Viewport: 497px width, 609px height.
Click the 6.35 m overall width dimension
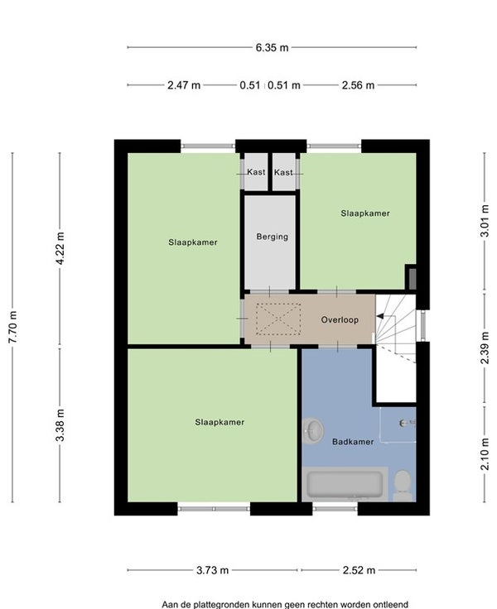[x=272, y=48]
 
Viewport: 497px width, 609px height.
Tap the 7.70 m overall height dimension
[x=12, y=327]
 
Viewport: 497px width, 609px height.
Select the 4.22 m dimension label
[x=60, y=248]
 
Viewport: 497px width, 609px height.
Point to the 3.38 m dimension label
[x=60, y=425]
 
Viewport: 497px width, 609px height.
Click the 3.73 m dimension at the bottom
[x=212, y=570]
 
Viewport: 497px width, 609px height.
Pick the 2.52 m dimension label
[x=359, y=570]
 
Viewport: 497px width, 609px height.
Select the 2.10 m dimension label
[x=485, y=453]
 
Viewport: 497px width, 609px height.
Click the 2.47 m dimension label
[x=184, y=85]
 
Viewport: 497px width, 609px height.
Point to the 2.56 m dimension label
[x=358, y=85]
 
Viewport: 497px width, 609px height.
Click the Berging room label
[x=273, y=237]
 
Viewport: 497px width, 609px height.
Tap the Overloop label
[x=340, y=319]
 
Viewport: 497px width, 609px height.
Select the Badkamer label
[x=353, y=442]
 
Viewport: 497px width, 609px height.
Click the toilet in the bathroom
[x=402, y=486]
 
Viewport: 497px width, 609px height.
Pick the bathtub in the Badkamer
[x=345, y=484]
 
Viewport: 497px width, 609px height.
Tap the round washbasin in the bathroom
[x=312, y=431]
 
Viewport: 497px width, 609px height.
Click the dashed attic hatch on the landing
[x=278, y=319]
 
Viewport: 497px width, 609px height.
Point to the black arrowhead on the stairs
[x=380, y=317]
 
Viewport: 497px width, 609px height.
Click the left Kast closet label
[x=256, y=172]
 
